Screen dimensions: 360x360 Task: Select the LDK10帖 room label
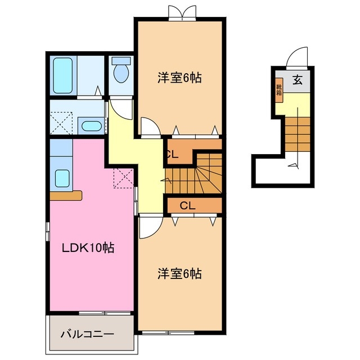(88, 247)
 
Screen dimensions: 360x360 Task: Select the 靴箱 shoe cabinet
(278, 90)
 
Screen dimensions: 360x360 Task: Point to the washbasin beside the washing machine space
(89, 125)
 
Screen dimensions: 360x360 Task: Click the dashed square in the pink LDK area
(123, 179)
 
